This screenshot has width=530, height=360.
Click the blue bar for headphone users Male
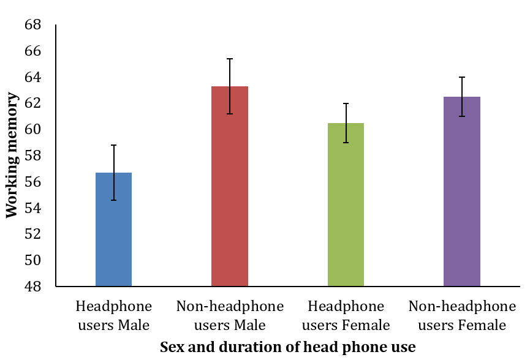point(113,230)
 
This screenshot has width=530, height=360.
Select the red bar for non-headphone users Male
point(230,186)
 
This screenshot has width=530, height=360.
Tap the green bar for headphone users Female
point(346,204)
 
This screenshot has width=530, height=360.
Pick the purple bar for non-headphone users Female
point(462,192)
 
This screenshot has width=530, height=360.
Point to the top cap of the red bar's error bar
point(230,59)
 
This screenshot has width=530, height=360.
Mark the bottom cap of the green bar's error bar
point(346,143)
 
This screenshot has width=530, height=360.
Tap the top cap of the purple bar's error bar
point(462,77)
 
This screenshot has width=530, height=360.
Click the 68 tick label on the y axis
point(33,24)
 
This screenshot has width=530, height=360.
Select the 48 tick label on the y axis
point(33,287)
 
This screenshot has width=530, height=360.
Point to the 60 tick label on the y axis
point(33,129)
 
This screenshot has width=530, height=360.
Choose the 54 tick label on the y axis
point(33,208)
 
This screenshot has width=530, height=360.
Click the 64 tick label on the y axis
point(33,77)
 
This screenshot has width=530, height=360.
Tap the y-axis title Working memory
point(12,155)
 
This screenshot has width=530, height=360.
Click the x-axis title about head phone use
point(287,347)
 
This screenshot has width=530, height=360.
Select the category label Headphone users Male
point(113,316)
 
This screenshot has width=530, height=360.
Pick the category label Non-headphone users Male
point(230,316)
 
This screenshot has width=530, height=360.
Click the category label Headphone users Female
point(346,316)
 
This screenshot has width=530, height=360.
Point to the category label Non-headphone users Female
point(462,316)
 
